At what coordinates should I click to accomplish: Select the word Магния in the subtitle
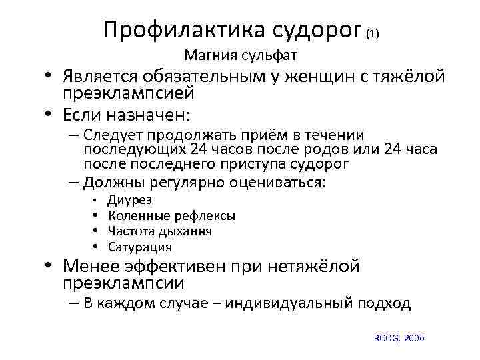click(209, 54)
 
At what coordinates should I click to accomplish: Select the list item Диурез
click(130, 200)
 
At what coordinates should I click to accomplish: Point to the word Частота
click(131, 231)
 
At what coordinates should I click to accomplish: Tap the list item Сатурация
click(140, 247)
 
